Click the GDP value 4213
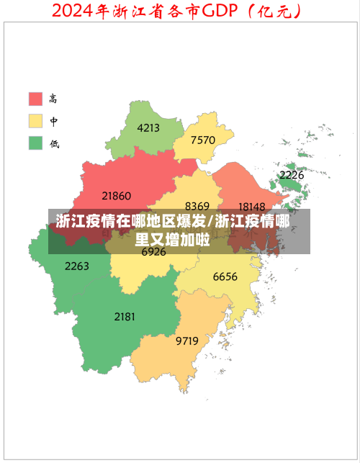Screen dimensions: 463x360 click(148, 128)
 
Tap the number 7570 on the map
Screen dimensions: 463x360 click(203, 140)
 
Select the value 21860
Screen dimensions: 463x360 click(117, 195)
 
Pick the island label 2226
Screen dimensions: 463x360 click(292, 175)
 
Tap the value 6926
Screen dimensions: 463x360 click(153, 252)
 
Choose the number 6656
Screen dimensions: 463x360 click(225, 277)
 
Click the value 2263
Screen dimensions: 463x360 click(77, 266)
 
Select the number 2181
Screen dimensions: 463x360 click(125, 316)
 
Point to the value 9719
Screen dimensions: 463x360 click(187, 341)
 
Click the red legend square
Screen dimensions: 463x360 click(35, 98)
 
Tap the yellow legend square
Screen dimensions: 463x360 click(35, 120)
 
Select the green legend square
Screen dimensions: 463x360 click(35, 143)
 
